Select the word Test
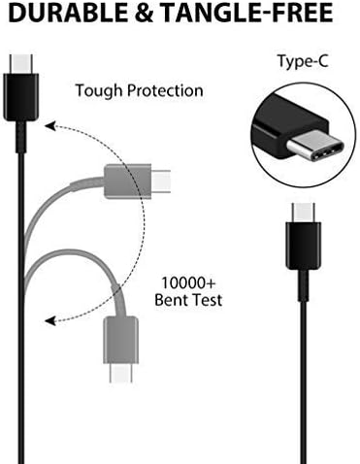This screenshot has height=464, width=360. [207, 300]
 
